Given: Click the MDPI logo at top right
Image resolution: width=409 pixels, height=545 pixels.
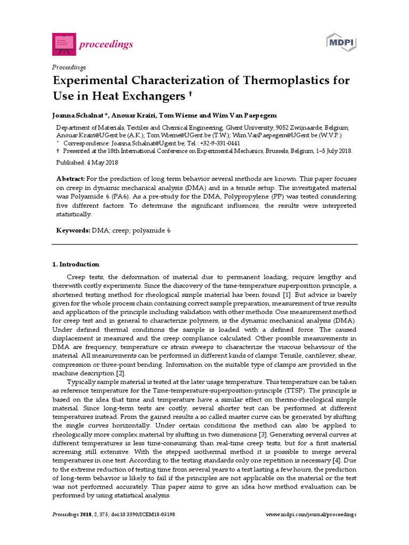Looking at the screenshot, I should [x=341, y=43].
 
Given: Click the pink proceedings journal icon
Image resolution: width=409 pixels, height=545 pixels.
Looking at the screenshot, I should [x=64, y=44].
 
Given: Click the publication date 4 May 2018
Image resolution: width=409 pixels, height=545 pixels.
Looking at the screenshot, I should [x=100, y=162].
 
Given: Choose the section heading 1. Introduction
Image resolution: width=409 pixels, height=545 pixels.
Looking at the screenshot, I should [x=76, y=264].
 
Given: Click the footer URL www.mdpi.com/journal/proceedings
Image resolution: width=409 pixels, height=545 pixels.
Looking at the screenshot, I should [x=311, y=515].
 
